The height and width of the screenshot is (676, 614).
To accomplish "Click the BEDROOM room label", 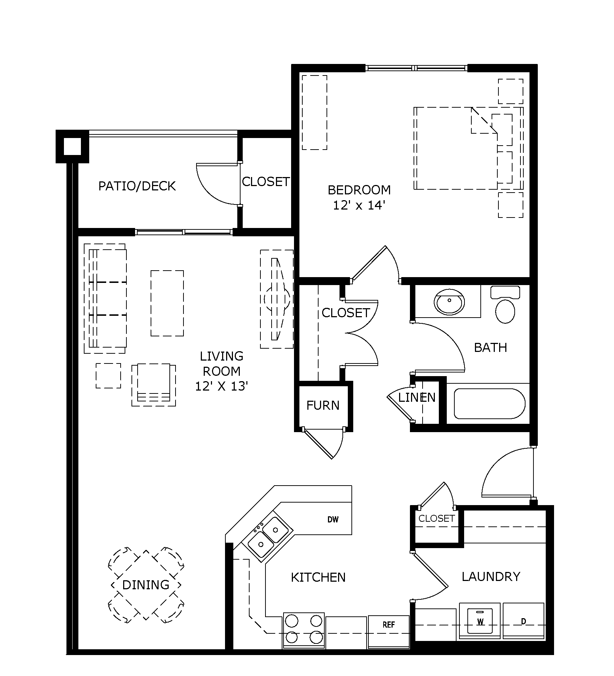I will pos(359,190).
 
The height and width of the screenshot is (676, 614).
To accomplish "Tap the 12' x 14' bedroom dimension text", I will pos(359,206).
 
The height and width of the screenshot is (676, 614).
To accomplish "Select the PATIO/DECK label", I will pos(137,186).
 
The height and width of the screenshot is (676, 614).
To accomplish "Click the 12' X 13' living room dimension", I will pos(221,386).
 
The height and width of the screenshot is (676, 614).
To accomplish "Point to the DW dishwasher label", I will pos(333,520).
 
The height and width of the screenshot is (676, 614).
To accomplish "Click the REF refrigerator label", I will pos(389,625).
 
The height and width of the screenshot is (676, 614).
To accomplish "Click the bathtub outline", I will pos(489,404).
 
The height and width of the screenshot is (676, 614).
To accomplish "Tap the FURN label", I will pos(323,405).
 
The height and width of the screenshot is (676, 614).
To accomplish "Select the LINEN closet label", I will pos(417,397).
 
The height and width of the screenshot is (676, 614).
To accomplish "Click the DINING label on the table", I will pos(146,585).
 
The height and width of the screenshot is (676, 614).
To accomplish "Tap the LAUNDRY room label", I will pos(491,576).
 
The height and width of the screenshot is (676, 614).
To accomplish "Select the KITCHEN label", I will pos(318,577).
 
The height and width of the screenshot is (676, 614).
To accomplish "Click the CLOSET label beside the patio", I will pos(266,182).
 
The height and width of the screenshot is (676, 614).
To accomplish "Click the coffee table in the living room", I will pos(167,303).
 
